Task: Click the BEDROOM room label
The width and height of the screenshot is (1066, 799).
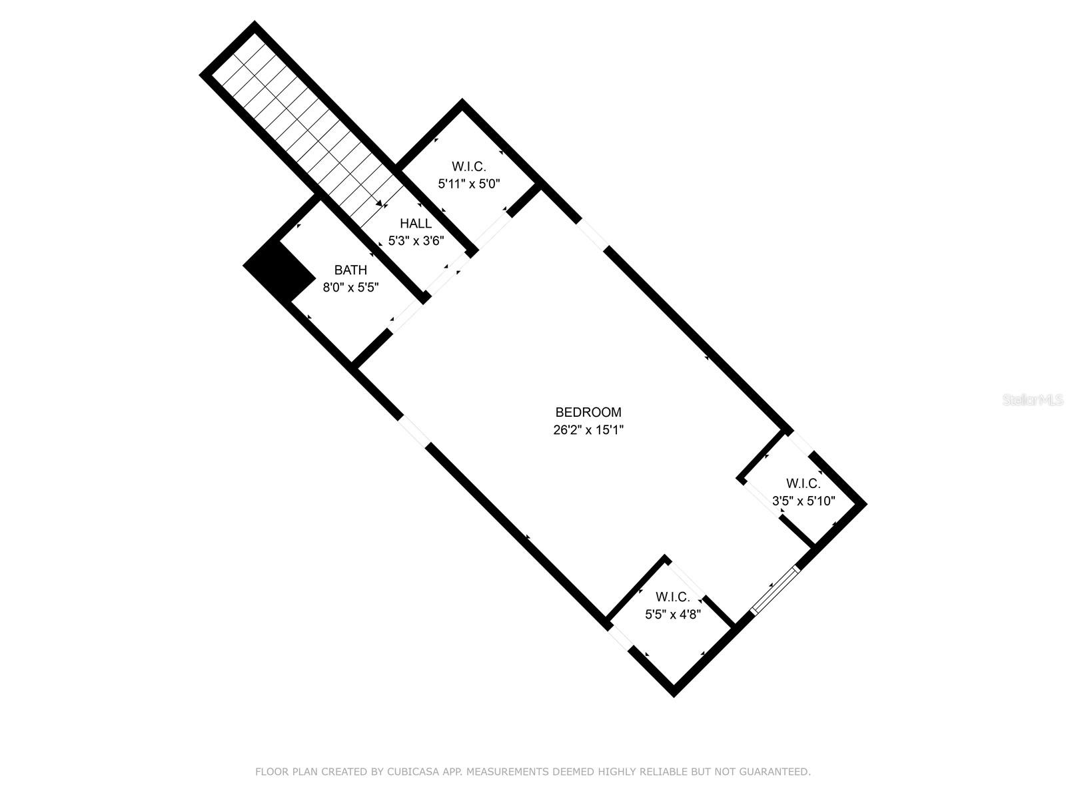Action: (588, 413)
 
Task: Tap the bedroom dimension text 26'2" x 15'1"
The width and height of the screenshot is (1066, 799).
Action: (588, 430)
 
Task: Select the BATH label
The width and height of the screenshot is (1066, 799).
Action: (350, 270)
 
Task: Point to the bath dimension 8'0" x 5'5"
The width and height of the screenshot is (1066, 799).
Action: (350, 288)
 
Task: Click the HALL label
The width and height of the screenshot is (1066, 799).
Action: (416, 224)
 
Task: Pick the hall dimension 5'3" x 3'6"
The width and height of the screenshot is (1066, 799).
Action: (416, 241)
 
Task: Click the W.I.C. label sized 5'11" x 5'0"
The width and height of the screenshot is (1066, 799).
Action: (468, 166)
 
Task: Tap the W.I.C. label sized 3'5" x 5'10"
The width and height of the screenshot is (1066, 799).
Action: (803, 484)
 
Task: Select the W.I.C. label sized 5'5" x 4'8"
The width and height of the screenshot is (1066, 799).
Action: (672, 597)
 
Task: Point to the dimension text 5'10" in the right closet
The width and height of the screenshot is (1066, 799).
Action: (821, 501)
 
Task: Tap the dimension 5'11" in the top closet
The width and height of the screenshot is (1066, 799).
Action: (450, 184)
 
